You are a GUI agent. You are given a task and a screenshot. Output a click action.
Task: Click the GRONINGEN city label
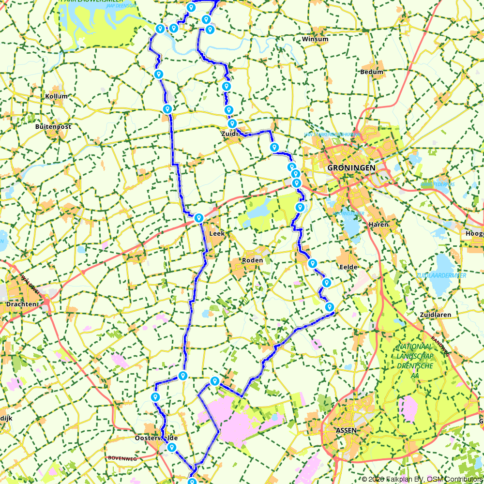351,167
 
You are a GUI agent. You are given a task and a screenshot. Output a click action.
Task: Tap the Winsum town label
315,39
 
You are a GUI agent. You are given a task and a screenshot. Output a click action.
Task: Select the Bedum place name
372,72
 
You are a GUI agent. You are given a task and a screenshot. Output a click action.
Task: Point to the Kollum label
56,96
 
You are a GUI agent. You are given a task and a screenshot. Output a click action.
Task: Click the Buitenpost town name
53,127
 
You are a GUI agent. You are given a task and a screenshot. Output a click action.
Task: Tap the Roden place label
253,260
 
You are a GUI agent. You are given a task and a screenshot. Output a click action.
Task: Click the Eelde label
348,267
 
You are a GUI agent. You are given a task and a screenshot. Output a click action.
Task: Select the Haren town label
378,225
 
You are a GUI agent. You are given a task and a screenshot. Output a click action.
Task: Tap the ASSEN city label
346,430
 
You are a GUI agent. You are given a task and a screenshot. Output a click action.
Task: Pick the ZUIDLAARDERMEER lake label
441,275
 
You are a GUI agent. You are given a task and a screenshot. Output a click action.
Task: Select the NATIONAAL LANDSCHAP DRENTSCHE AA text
414,359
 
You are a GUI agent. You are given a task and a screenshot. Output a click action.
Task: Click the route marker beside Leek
198,218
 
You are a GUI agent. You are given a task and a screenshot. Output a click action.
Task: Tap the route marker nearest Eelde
327,283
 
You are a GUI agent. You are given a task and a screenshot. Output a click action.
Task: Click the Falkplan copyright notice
422,479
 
